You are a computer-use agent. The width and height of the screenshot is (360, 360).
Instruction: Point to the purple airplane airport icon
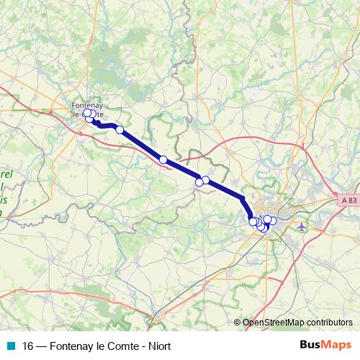[300, 227]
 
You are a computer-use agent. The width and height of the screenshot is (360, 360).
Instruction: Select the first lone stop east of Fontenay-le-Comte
[120, 130]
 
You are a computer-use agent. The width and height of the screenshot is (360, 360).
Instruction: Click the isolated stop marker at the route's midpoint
[163, 160]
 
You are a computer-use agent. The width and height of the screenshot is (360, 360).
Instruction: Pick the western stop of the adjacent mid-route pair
[199, 183]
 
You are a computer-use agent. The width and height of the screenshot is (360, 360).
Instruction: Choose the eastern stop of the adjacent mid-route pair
[206, 180]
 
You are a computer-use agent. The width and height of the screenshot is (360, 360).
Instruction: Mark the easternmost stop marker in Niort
[273, 220]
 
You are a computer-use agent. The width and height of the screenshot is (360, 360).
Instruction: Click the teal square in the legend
[10, 345]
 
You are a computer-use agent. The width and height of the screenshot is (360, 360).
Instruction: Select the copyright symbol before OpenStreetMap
[238, 323]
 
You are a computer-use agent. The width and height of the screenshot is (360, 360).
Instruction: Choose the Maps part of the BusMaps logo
[337, 345]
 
